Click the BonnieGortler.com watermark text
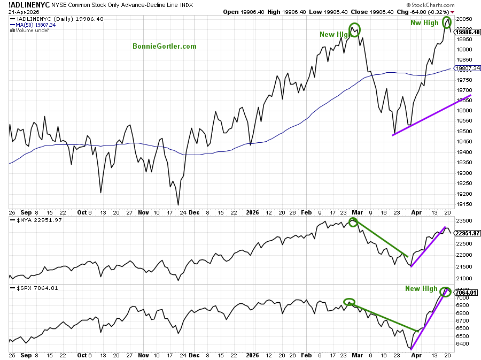point(165,46)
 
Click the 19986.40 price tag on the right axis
point(468,32)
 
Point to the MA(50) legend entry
point(36,25)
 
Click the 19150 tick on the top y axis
point(464,204)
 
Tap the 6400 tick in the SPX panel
point(462,343)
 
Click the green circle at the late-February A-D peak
point(354,29)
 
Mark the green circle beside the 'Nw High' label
point(448,23)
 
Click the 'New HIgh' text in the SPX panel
point(421,289)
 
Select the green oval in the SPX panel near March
point(348,302)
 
